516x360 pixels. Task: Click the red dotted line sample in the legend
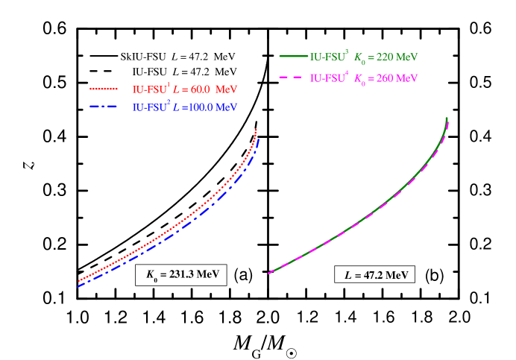pyautogui.click(x=109, y=89)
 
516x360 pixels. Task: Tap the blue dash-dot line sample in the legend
pyautogui.click(x=109, y=107)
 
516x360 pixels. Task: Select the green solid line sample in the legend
pyautogui.click(x=292, y=56)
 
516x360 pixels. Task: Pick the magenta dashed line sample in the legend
pyautogui.click(x=292, y=78)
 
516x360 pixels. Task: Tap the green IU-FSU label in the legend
pyautogui.click(x=328, y=57)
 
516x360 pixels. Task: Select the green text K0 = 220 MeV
pyautogui.click(x=386, y=57)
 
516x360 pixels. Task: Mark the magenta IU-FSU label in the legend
pyautogui.click(x=328, y=78)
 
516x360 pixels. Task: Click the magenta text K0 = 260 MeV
pyautogui.click(x=386, y=78)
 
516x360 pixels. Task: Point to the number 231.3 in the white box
pyautogui.click(x=179, y=275)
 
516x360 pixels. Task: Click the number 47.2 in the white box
pyautogui.click(x=373, y=275)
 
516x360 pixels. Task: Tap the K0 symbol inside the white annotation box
pyautogui.click(x=151, y=276)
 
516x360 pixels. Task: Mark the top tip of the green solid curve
pyautogui.click(x=447, y=118)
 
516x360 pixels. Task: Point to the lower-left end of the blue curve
pyautogui.click(x=78, y=286)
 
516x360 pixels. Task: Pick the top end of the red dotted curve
pyautogui.click(x=256, y=130)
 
